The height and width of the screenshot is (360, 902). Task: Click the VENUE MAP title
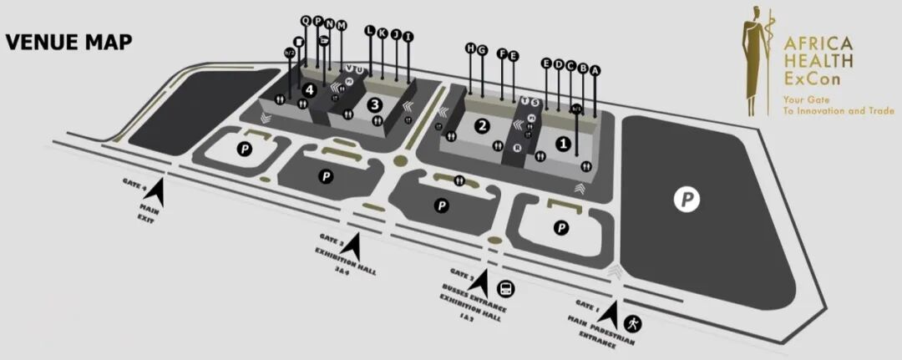point(68,43)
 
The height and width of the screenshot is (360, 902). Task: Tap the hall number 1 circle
point(564,144)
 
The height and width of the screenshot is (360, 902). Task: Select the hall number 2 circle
point(481,126)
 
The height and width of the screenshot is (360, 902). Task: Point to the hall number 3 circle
point(375,104)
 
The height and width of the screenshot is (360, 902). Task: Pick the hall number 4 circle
point(310,89)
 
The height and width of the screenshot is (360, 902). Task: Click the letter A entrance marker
point(595,71)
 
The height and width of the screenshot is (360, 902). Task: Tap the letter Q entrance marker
point(306,20)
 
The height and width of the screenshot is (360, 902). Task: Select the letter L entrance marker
point(370,30)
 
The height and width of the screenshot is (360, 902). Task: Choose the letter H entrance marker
point(471,49)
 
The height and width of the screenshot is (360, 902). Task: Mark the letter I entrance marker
point(408,36)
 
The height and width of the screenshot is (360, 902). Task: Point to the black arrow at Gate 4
point(158,194)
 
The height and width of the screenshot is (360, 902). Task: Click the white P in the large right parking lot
point(687,199)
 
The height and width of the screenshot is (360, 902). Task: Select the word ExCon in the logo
point(807,78)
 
